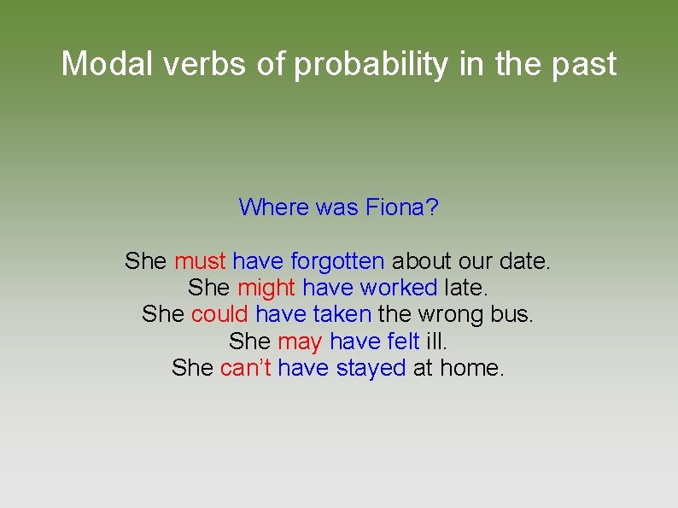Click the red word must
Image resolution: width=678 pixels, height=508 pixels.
click(x=200, y=260)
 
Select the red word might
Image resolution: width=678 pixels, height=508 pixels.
click(x=266, y=288)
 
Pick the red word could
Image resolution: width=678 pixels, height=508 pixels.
click(x=219, y=314)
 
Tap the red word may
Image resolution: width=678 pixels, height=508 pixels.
click(x=300, y=342)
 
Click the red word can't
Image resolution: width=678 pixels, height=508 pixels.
click(x=245, y=368)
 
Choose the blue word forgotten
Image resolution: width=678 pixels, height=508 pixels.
click(x=337, y=260)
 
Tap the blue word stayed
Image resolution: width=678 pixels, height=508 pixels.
click(x=371, y=368)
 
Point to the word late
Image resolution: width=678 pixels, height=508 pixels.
click(x=465, y=288)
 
